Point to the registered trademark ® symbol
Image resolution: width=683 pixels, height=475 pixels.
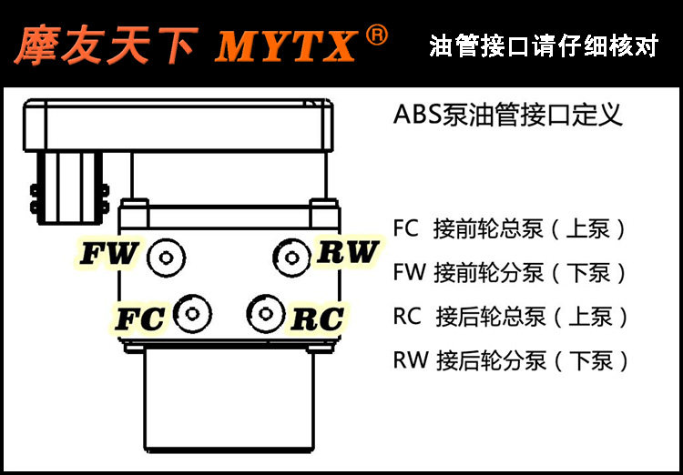click(x=376, y=35)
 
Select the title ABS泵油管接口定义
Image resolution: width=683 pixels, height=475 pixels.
click(x=507, y=116)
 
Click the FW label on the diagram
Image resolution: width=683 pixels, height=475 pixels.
click(x=108, y=255)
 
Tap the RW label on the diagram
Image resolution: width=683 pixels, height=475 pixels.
click(x=347, y=252)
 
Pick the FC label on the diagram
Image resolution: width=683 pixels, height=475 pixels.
click(x=139, y=319)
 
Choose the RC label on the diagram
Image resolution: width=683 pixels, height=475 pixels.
click(x=317, y=319)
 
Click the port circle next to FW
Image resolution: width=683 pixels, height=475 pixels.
click(x=166, y=258)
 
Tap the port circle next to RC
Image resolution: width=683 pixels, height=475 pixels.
click(x=264, y=315)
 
